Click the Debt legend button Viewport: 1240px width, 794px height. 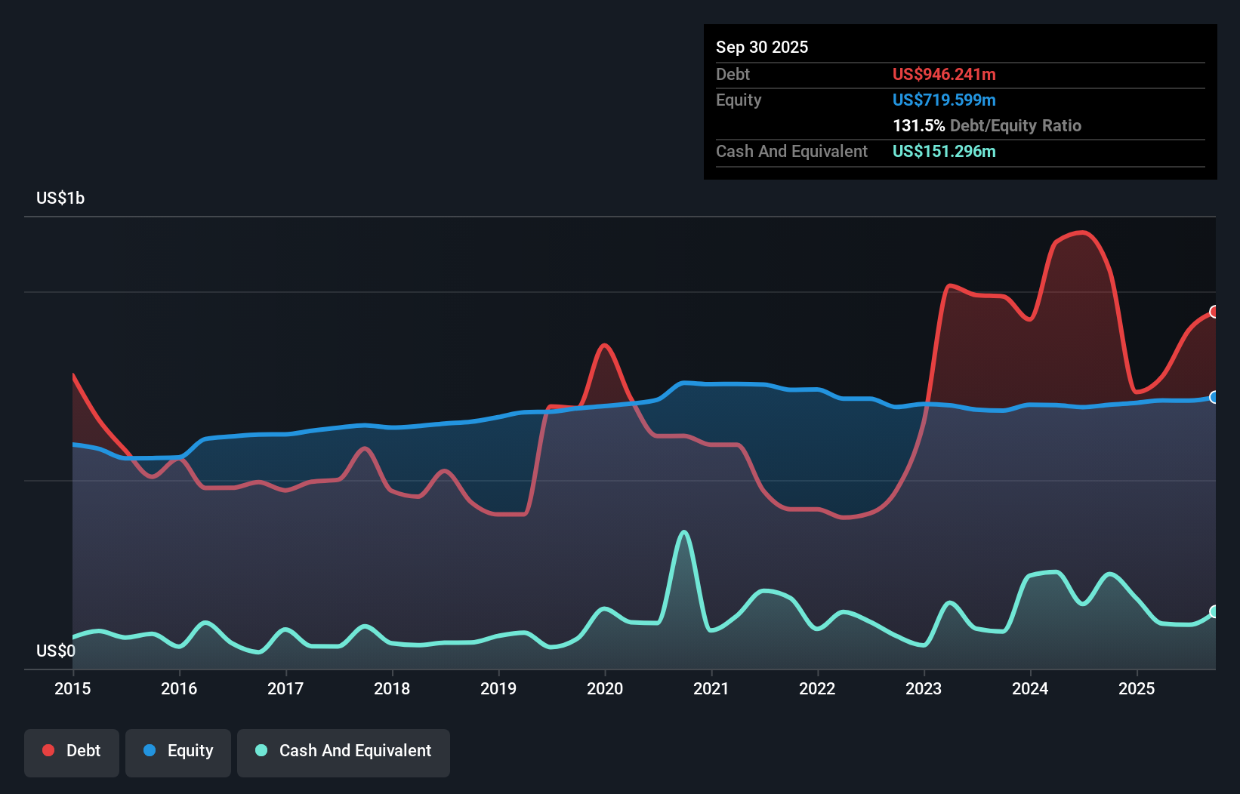click(x=72, y=751)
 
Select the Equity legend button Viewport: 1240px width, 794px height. click(x=178, y=751)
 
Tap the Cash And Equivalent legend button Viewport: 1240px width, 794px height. click(x=344, y=751)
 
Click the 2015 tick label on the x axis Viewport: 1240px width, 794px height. click(x=72, y=688)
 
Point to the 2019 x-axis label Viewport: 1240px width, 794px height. click(x=498, y=688)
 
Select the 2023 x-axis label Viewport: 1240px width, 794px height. click(x=924, y=688)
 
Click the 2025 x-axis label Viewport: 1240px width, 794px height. click(x=1137, y=688)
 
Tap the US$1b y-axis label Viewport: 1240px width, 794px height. click(x=60, y=198)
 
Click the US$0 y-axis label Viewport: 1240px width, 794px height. click(x=56, y=651)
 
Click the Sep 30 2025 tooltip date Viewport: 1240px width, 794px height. click(x=762, y=47)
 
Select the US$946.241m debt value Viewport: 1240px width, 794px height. click(x=944, y=74)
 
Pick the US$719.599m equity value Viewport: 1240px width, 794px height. click(x=944, y=100)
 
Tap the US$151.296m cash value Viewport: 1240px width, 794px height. click(x=944, y=151)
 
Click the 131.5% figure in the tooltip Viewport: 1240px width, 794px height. click(x=918, y=125)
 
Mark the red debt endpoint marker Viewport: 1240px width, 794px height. click(x=1214, y=312)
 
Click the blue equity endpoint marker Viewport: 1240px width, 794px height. click(x=1214, y=397)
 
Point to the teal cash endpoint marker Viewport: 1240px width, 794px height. click(x=1214, y=611)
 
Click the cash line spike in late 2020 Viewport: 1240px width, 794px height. click(x=684, y=532)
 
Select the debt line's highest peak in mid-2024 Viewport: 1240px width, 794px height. click(x=1084, y=232)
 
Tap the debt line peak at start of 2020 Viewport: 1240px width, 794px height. click(x=604, y=346)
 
